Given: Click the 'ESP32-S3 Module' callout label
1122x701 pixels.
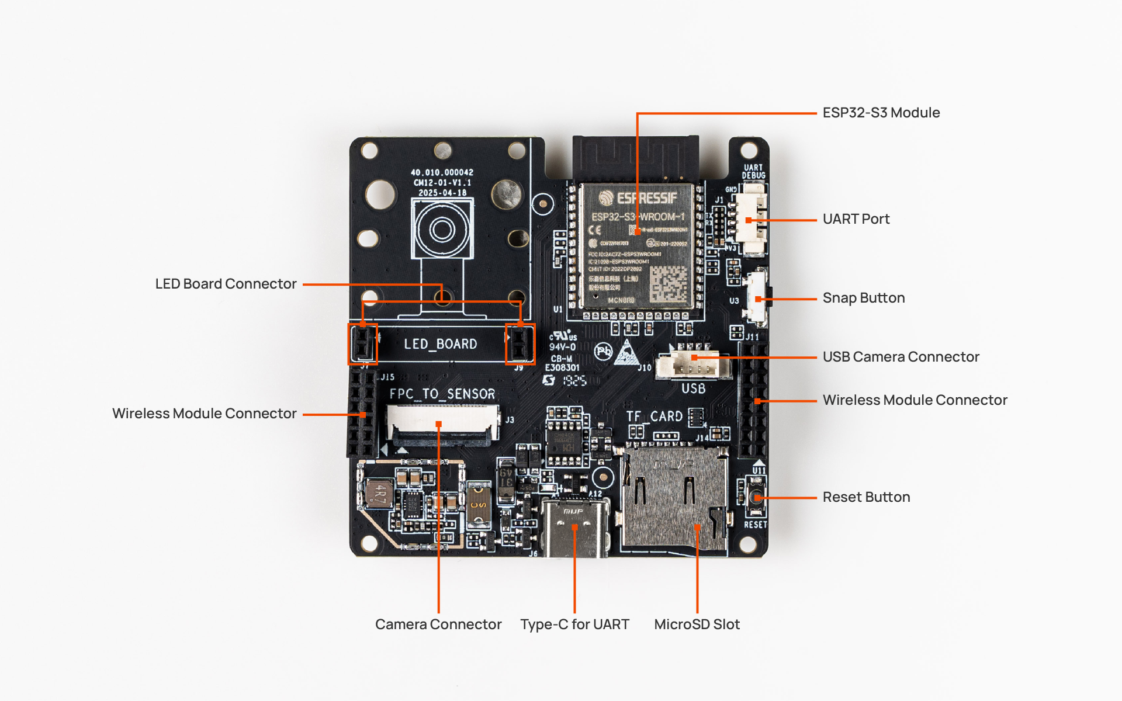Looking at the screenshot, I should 881,113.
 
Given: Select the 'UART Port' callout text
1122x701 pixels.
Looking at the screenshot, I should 856,219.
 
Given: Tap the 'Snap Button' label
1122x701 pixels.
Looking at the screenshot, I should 863,298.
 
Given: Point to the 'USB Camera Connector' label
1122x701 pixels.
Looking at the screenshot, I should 901,357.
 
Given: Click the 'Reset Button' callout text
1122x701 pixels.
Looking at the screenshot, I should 866,497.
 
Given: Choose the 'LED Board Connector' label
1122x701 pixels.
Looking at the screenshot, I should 226,284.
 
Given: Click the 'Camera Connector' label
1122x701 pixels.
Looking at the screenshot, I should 438,624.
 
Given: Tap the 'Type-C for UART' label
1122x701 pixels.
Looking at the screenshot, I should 574,624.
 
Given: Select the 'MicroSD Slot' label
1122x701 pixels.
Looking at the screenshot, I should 697,624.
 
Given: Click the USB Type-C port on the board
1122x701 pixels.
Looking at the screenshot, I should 574,526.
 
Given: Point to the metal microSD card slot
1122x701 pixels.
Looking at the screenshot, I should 675,497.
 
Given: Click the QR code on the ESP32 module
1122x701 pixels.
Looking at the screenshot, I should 669,284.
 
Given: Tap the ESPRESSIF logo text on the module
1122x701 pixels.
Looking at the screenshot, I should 646,199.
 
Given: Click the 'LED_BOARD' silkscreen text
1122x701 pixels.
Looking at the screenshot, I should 441,344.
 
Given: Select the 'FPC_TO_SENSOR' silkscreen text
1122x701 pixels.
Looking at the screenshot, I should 442,394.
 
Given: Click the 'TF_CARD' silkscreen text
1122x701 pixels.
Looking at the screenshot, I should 654,417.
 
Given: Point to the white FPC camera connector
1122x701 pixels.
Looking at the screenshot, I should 442,422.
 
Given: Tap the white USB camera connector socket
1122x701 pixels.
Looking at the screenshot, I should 693,365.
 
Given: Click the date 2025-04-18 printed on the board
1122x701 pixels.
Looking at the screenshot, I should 442,193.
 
